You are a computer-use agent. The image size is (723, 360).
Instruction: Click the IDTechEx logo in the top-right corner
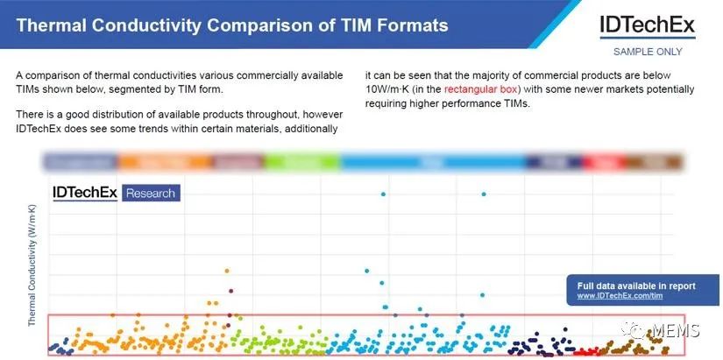[647, 25]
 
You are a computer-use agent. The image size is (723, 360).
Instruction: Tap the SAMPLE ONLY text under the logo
[648, 52]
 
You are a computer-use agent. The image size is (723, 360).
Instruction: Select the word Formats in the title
[411, 25]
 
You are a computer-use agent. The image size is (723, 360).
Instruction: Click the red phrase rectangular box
[482, 89]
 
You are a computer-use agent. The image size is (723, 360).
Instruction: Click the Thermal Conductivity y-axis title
[32, 265]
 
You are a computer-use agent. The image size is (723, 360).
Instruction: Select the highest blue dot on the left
[383, 194]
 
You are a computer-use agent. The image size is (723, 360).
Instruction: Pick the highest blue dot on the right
[484, 194]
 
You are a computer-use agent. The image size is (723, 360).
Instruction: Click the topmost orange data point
[227, 271]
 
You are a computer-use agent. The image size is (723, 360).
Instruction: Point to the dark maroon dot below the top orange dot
[230, 291]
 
